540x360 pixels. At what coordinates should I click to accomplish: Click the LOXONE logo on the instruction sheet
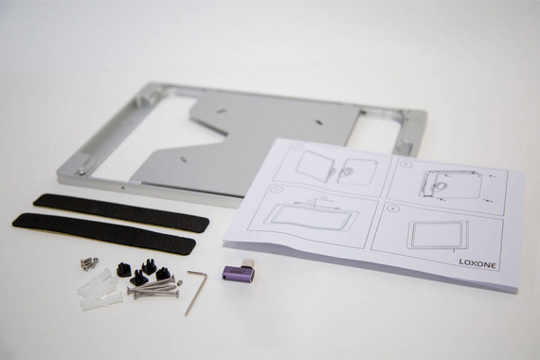tap(477, 263)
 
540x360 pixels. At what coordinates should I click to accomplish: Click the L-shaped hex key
tap(195, 292)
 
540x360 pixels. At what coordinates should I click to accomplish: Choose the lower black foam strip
tap(104, 234)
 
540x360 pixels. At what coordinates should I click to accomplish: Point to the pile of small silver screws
tap(90, 262)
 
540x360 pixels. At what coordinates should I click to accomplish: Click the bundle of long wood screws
tap(153, 288)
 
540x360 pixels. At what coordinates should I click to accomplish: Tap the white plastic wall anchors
tap(99, 289)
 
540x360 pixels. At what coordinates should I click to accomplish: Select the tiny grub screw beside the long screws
tap(179, 283)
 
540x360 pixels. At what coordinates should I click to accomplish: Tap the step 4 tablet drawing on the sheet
tap(438, 235)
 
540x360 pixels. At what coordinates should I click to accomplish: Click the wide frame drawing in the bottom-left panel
tap(315, 216)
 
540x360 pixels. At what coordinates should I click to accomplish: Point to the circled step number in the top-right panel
tap(406, 164)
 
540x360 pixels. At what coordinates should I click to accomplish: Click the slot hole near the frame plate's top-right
tap(319, 121)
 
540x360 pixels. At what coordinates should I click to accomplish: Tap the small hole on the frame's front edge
tap(123, 189)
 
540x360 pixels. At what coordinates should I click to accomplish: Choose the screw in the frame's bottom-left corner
tap(82, 171)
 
